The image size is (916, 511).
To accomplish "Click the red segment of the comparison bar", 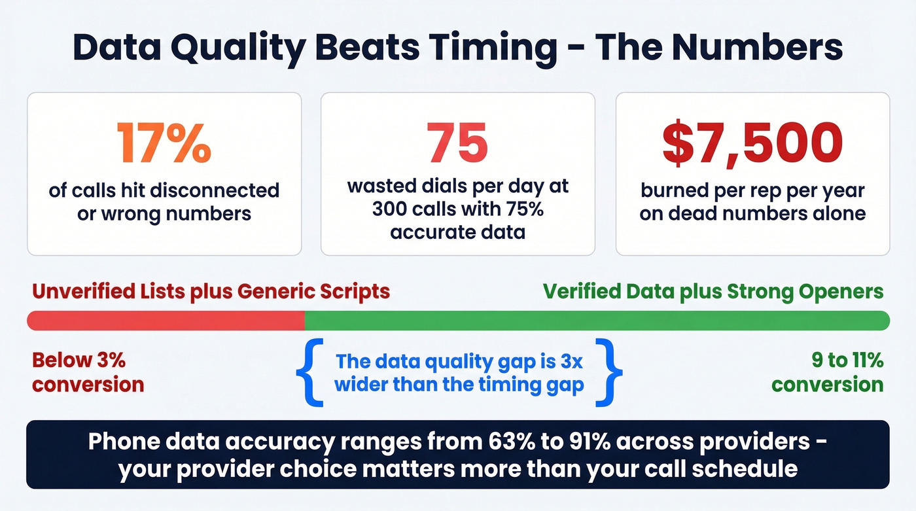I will (x=166, y=321).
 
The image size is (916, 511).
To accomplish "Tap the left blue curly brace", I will (x=306, y=372).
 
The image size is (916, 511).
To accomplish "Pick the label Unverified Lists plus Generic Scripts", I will (x=211, y=291).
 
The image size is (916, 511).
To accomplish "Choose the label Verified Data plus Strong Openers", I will (x=714, y=291).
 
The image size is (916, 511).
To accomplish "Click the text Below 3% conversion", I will (x=88, y=372).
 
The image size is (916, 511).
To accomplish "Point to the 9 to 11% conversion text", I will (x=828, y=372).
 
